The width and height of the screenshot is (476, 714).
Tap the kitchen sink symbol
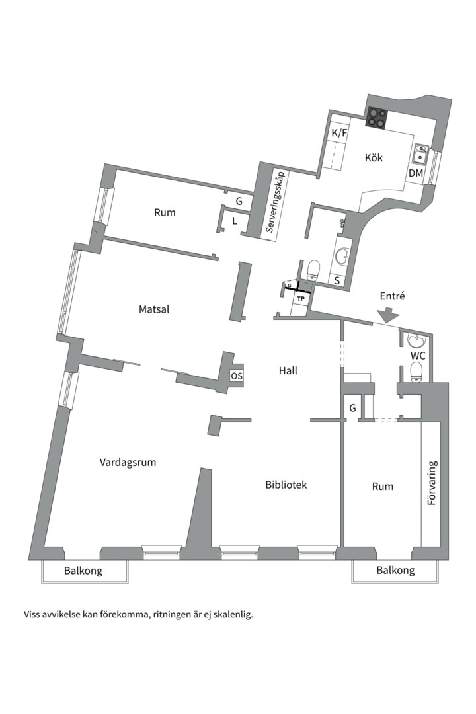[x=420, y=154]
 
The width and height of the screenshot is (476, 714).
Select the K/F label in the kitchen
[x=338, y=134]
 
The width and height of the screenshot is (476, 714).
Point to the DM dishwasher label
[x=415, y=173]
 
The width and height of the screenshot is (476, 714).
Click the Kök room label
[x=374, y=157]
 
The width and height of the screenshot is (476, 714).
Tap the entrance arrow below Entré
[x=388, y=315]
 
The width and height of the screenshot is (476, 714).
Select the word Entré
[x=392, y=296]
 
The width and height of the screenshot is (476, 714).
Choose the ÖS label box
[x=237, y=376]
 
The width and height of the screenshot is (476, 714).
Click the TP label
[x=301, y=299]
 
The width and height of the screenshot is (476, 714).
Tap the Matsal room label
[x=154, y=309]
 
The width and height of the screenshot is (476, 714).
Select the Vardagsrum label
[x=128, y=463]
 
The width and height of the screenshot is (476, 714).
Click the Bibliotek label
[x=286, y=485]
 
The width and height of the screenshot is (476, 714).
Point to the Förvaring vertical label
[x=432, y=483]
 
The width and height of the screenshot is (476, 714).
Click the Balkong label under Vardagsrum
[x=83, y=571]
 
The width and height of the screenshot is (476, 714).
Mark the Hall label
[x=288, y=371]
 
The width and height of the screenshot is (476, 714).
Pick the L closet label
[x=235, y=221]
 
